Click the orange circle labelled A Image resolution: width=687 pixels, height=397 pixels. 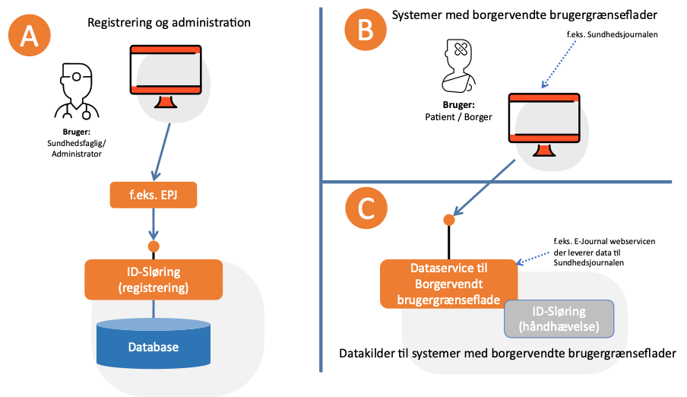click(x=30, y=36)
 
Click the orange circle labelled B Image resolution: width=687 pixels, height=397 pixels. click(x=366, y=30)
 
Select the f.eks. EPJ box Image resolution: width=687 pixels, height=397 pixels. click(x=154, y=196)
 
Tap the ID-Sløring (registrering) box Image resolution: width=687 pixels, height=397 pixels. click(x=154, y=279)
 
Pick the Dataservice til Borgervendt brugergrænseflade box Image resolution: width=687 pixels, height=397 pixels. click(x=448, y=284)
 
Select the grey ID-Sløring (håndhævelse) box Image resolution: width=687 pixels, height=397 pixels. click(x=559, y=318)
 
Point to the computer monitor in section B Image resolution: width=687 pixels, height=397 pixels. click(x=544, y=126)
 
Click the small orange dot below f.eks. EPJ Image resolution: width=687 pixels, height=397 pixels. click(x=154, y=246)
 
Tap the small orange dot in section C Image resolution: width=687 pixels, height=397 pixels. click(x=448, y=220)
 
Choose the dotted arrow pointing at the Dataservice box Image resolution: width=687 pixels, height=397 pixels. click(x=533, y=258)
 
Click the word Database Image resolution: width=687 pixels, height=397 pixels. click(x=154, y=347)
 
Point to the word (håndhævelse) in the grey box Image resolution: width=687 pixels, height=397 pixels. click(x=559, y=326)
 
